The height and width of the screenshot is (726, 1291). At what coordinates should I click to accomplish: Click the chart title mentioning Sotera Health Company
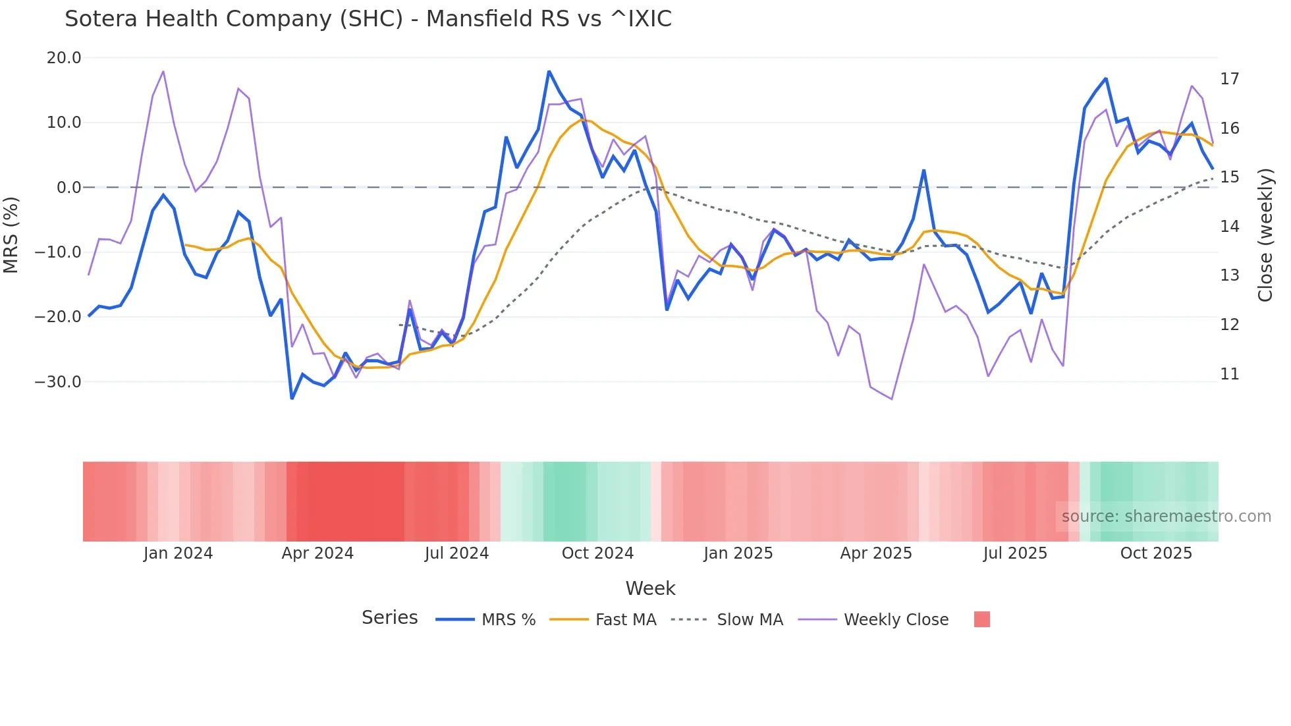click(368, 19)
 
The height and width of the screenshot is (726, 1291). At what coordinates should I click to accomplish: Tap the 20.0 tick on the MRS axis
click(64, 58)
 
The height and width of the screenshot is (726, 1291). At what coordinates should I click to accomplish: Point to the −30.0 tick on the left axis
click(58, 382)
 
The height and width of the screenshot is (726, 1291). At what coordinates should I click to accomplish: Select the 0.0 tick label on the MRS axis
click(69, 188)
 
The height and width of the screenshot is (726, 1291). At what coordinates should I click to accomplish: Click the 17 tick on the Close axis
click(1229, 79)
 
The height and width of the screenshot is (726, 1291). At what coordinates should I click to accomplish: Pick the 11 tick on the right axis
click(1229, 374)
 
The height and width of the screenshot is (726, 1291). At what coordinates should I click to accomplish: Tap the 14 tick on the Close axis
click(1229, 227)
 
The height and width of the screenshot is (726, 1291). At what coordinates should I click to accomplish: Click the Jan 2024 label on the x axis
click(178, 553)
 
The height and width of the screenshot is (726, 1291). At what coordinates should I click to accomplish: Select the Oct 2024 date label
click(597, 553)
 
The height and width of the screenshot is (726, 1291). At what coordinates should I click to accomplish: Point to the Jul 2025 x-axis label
click(1015, 553)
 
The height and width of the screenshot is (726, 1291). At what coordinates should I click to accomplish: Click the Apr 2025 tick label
click(876, 553)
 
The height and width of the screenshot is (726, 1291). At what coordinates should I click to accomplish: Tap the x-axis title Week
click(650, 588)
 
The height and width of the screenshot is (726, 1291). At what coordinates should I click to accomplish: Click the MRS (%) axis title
click(11, 235)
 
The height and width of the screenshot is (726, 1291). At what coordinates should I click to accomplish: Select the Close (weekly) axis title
click(1265, 235)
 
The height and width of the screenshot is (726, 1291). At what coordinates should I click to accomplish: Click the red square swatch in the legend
click(981, 619)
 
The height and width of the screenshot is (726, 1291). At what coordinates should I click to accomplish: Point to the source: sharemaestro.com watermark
click(1166, 517)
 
